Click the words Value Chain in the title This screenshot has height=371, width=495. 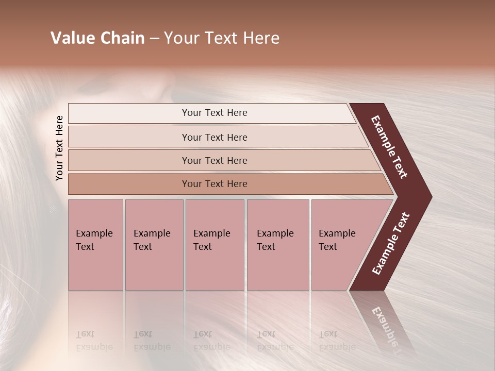97,38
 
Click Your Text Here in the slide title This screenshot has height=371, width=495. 222,38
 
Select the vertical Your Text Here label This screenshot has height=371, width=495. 60,148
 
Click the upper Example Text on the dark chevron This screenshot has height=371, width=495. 390,147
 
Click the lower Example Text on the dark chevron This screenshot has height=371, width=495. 391,244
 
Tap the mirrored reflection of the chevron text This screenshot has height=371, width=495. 386,325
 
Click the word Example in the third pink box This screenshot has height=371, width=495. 211,233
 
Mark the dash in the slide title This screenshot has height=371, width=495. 154,39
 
